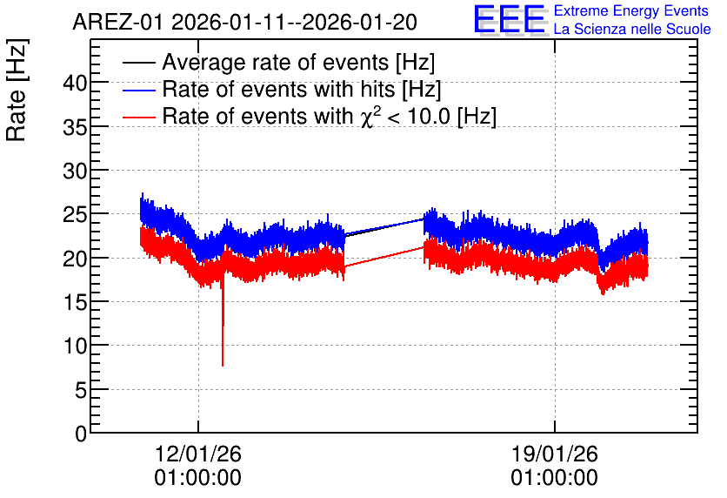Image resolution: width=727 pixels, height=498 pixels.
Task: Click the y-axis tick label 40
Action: click(x=75, y=83)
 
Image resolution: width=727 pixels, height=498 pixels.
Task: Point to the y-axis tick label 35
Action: click(x=75, y=127)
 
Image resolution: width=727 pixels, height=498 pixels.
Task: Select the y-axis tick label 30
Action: click(x=75, y=172)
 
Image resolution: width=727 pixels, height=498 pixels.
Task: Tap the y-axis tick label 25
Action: click(x=75, y=215)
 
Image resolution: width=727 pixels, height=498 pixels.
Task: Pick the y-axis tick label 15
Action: click(x=75, y=303)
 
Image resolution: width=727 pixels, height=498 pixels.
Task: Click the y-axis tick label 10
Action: click(x=75, y=347)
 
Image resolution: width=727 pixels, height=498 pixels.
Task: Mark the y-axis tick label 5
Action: click(x=81, y=390)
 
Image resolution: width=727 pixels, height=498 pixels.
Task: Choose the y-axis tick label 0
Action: click(x=81, y=434)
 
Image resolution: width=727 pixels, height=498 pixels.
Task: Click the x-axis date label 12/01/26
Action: click(x=198, y=454)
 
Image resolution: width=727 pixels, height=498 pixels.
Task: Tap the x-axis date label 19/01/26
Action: click(x=555, y=454)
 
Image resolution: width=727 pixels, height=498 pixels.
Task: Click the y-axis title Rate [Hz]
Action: click(x=17, y=90)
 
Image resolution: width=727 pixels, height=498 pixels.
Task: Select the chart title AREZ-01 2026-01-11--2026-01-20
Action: click(x=245, y=22)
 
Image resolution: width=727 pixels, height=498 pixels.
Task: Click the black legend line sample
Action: click(x=139, y=63)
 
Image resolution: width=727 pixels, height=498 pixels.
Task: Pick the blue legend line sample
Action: click(x=139, y=90)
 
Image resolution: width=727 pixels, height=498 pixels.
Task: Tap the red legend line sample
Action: click(x=139, y=117)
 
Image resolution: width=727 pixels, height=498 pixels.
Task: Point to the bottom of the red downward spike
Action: click(x=223, y=366)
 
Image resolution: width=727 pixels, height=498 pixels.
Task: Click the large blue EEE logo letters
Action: click(x=509, y=19)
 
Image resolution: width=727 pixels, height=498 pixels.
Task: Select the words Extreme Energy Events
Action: click(x=631, y=10)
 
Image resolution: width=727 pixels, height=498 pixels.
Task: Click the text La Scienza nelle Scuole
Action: click(x=632, y=30)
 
